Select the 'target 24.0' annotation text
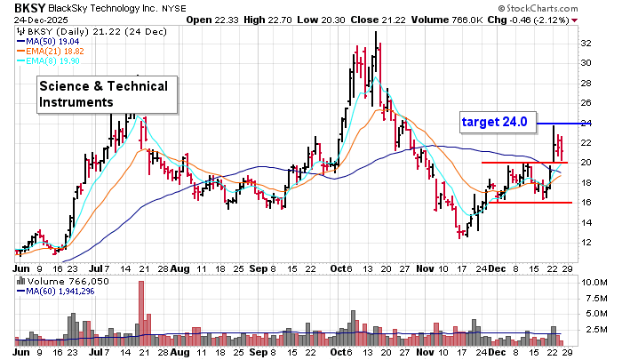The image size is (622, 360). coord(494,122)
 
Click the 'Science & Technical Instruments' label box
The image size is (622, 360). coord(107,94)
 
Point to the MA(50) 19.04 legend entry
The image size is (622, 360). coord(59,40)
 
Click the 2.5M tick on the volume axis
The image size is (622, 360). coord(594,329)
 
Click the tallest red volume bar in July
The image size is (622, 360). coord(140,310)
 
